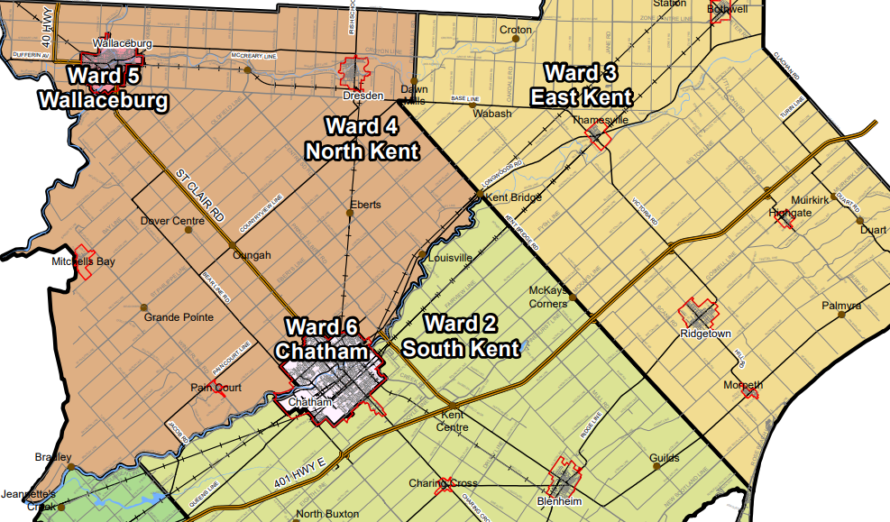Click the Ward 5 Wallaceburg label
click(x=103, y=87)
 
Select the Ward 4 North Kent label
click(x=362, y=138)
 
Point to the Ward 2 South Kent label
click(x=461, y=335)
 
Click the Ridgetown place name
click(x=705, y=334)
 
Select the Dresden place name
click(x=364, y=95)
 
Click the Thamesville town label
click(x=601, y=119)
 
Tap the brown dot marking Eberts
click(x=350, y=214)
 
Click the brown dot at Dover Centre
click(x=188, y=230)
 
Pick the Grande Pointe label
click(x=179, y=317)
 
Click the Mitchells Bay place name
click(x=83, y=261)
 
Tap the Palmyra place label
click(x=841, y=307)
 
